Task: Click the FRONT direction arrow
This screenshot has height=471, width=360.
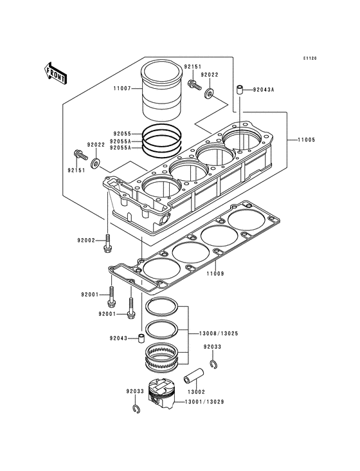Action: pyautogui.click(x=55, y=73)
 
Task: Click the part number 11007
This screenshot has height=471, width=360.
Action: pyautogui.click(x=122, y=89)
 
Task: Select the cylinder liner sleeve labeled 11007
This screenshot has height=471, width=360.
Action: pyautogui.click(x=161, y=91)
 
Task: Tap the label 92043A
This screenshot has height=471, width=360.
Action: pyautogui.click(x=264, y=89)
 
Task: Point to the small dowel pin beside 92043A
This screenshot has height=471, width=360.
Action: pyautogui.click(x=239, y=90)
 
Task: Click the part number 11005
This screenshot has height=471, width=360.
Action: pyautogui.click(x=306, y=140)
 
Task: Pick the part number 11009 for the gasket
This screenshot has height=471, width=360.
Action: pyautogui.click(x=215, y=273)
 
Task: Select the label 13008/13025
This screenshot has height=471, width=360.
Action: pyautogui.click(x=219, y=333)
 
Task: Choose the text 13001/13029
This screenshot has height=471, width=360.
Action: pyautogui.click(x=204, y=402)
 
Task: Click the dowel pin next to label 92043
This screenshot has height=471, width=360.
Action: pyautogui.click(x=141, y=338)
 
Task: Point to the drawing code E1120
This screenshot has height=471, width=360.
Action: pyautogui.click(x=310, y=59)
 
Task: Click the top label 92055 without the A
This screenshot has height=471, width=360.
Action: pyautogui.click(x=122, y=134)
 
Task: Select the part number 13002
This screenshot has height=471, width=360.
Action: pyautogui.click(x=196, y=392)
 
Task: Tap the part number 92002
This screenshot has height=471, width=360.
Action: pyautogui.click(x=85, y=240)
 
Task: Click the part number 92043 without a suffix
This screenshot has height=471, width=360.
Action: pyautogui.click(x=118, y=338)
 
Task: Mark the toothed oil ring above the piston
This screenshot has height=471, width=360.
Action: pyautogui.click(x=162, y=356)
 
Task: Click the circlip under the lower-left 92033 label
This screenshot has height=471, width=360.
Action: pyautogui.click(x=136, y=409)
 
